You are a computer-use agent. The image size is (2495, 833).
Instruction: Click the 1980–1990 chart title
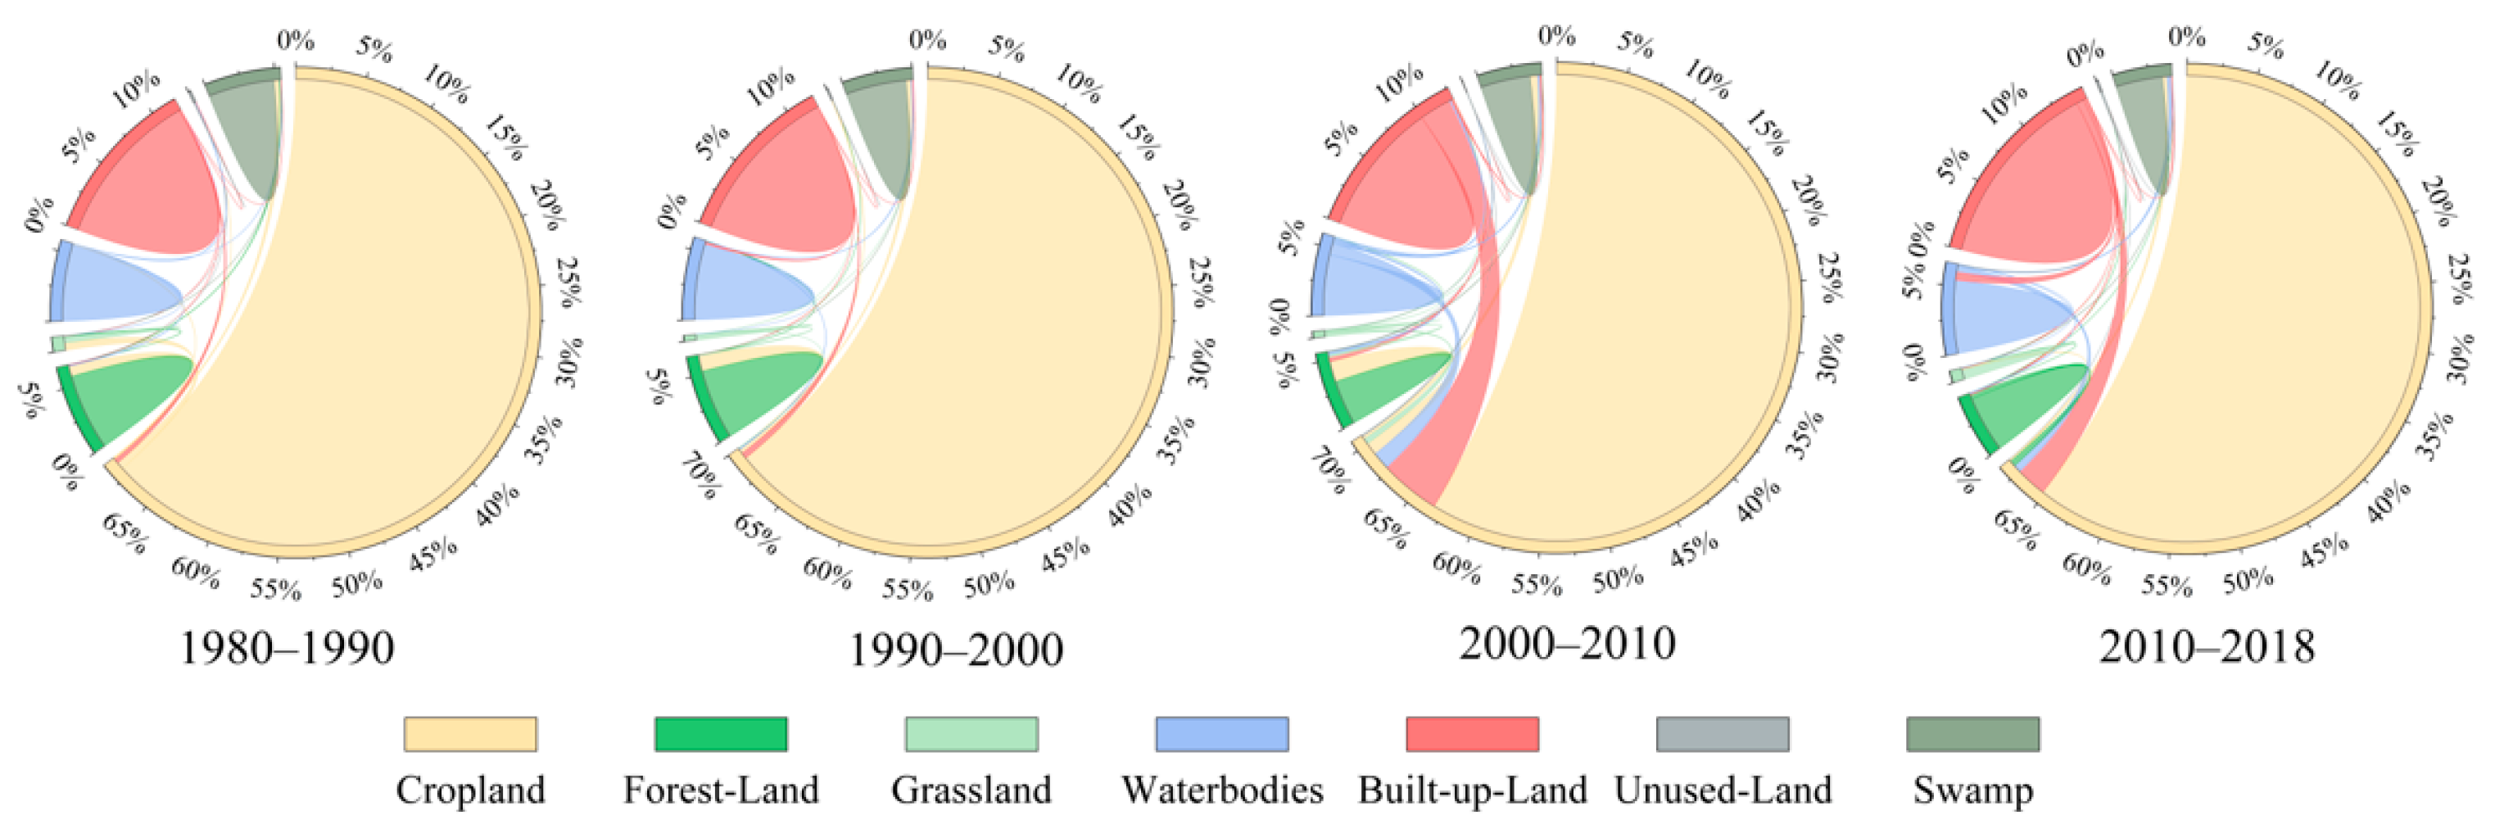point(287,648)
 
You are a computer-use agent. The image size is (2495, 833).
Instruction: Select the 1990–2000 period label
point(956,650)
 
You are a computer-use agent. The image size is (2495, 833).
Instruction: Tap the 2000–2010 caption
point(1567,644)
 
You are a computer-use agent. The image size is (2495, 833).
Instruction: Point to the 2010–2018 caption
point(2207,647)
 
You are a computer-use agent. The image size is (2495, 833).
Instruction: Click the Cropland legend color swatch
point(469,734)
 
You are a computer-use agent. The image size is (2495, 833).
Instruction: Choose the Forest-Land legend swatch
point(721,734)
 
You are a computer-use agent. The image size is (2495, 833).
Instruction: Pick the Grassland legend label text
point(971,790)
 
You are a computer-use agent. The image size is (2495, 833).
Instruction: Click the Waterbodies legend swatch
point(1221,734)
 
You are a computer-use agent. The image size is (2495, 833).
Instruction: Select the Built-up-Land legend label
point(1472,790)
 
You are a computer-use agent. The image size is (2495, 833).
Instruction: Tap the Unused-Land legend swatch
point(1722,734)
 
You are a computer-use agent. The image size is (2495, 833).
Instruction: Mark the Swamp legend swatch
point(1973,734)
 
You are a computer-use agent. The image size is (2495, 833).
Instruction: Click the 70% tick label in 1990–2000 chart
point(700,477)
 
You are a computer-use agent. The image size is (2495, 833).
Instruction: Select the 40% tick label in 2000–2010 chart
point(1757,500)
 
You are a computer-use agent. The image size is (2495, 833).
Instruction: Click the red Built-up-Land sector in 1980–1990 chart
point(155,184)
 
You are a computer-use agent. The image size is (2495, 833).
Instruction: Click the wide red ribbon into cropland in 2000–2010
point(1453,407)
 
